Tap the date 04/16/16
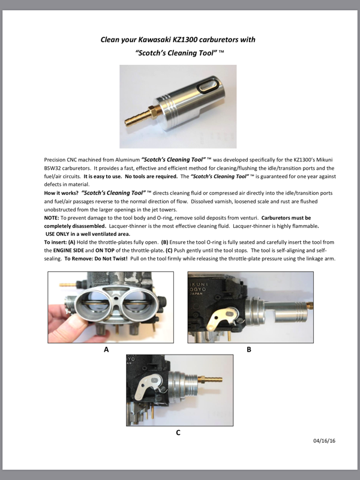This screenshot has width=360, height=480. tap(324, 441)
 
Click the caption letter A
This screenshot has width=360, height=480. tap(106, 350)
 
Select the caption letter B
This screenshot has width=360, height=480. tap(249, 350)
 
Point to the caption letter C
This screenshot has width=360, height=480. tap(178, 433)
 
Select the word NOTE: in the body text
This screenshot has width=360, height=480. tap(52, 218)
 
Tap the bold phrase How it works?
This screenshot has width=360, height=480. tap(61, 193)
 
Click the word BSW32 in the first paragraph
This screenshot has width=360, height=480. tap(52, 169)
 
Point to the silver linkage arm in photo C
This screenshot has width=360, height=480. tap(151, 387)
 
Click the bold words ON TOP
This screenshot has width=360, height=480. tap(104, 250)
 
